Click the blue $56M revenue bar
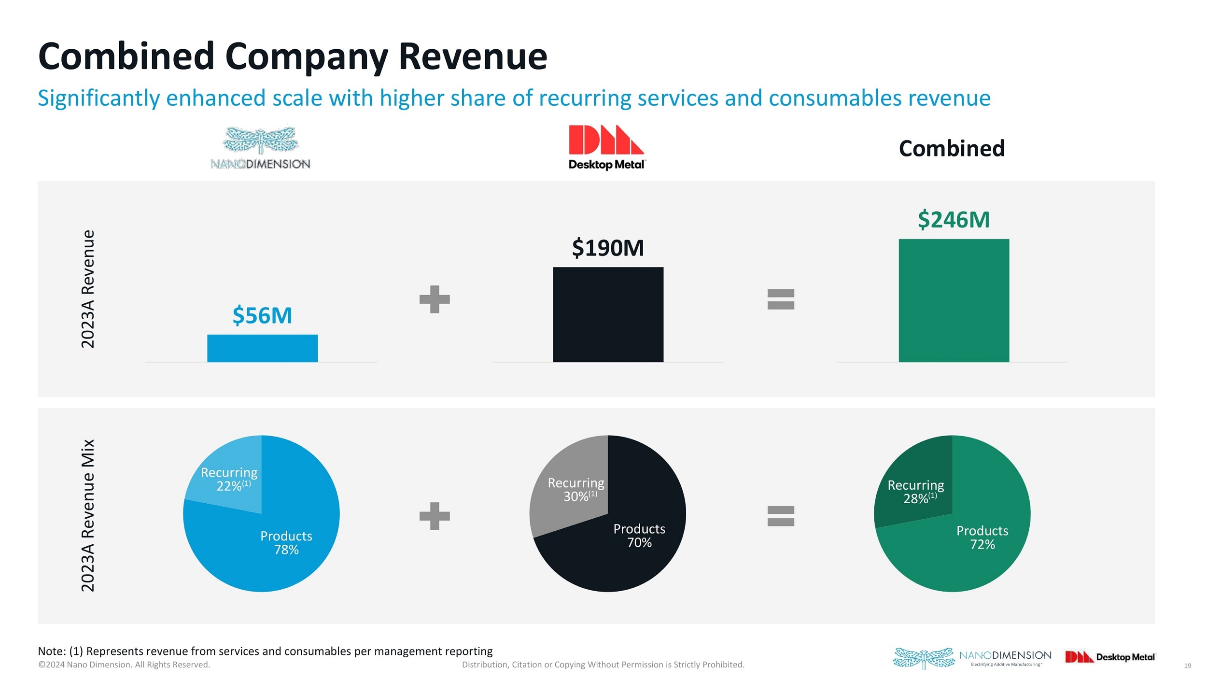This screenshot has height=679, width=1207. pyautogui.click(x=262, y=348)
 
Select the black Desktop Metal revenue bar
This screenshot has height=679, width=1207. pyautogui.click(x=608, y=314)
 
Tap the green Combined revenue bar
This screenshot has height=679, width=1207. pyautogui.click(x=954, y=300)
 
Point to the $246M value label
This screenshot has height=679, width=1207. pyautogui.click(x=954, y=220)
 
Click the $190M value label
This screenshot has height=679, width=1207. pyautogui.click(x=608, y=248)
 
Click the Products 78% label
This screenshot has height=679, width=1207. pyautogui.click(x=286, y=543)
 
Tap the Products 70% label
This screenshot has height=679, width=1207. pyautogui.click(x=639, y=536)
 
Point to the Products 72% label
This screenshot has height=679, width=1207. pyautogui.click(x=982, y=538)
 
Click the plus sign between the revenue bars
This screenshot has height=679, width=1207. pyautogui.click(x=435, y=299)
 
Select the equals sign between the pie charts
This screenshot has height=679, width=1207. pyautogui.click(x=781, y=516)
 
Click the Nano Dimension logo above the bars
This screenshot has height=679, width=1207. pyautogui.click(x=260, y=148)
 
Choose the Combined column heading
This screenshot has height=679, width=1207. pyautogui.click(x=952, y=148)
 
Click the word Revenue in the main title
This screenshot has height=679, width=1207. pyautogui.click(x=473, y=57)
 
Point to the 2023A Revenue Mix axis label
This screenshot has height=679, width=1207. pyautogui.click(x=87, y=515)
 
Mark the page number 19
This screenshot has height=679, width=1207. pyautogui.click(x=1187, y=666)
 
